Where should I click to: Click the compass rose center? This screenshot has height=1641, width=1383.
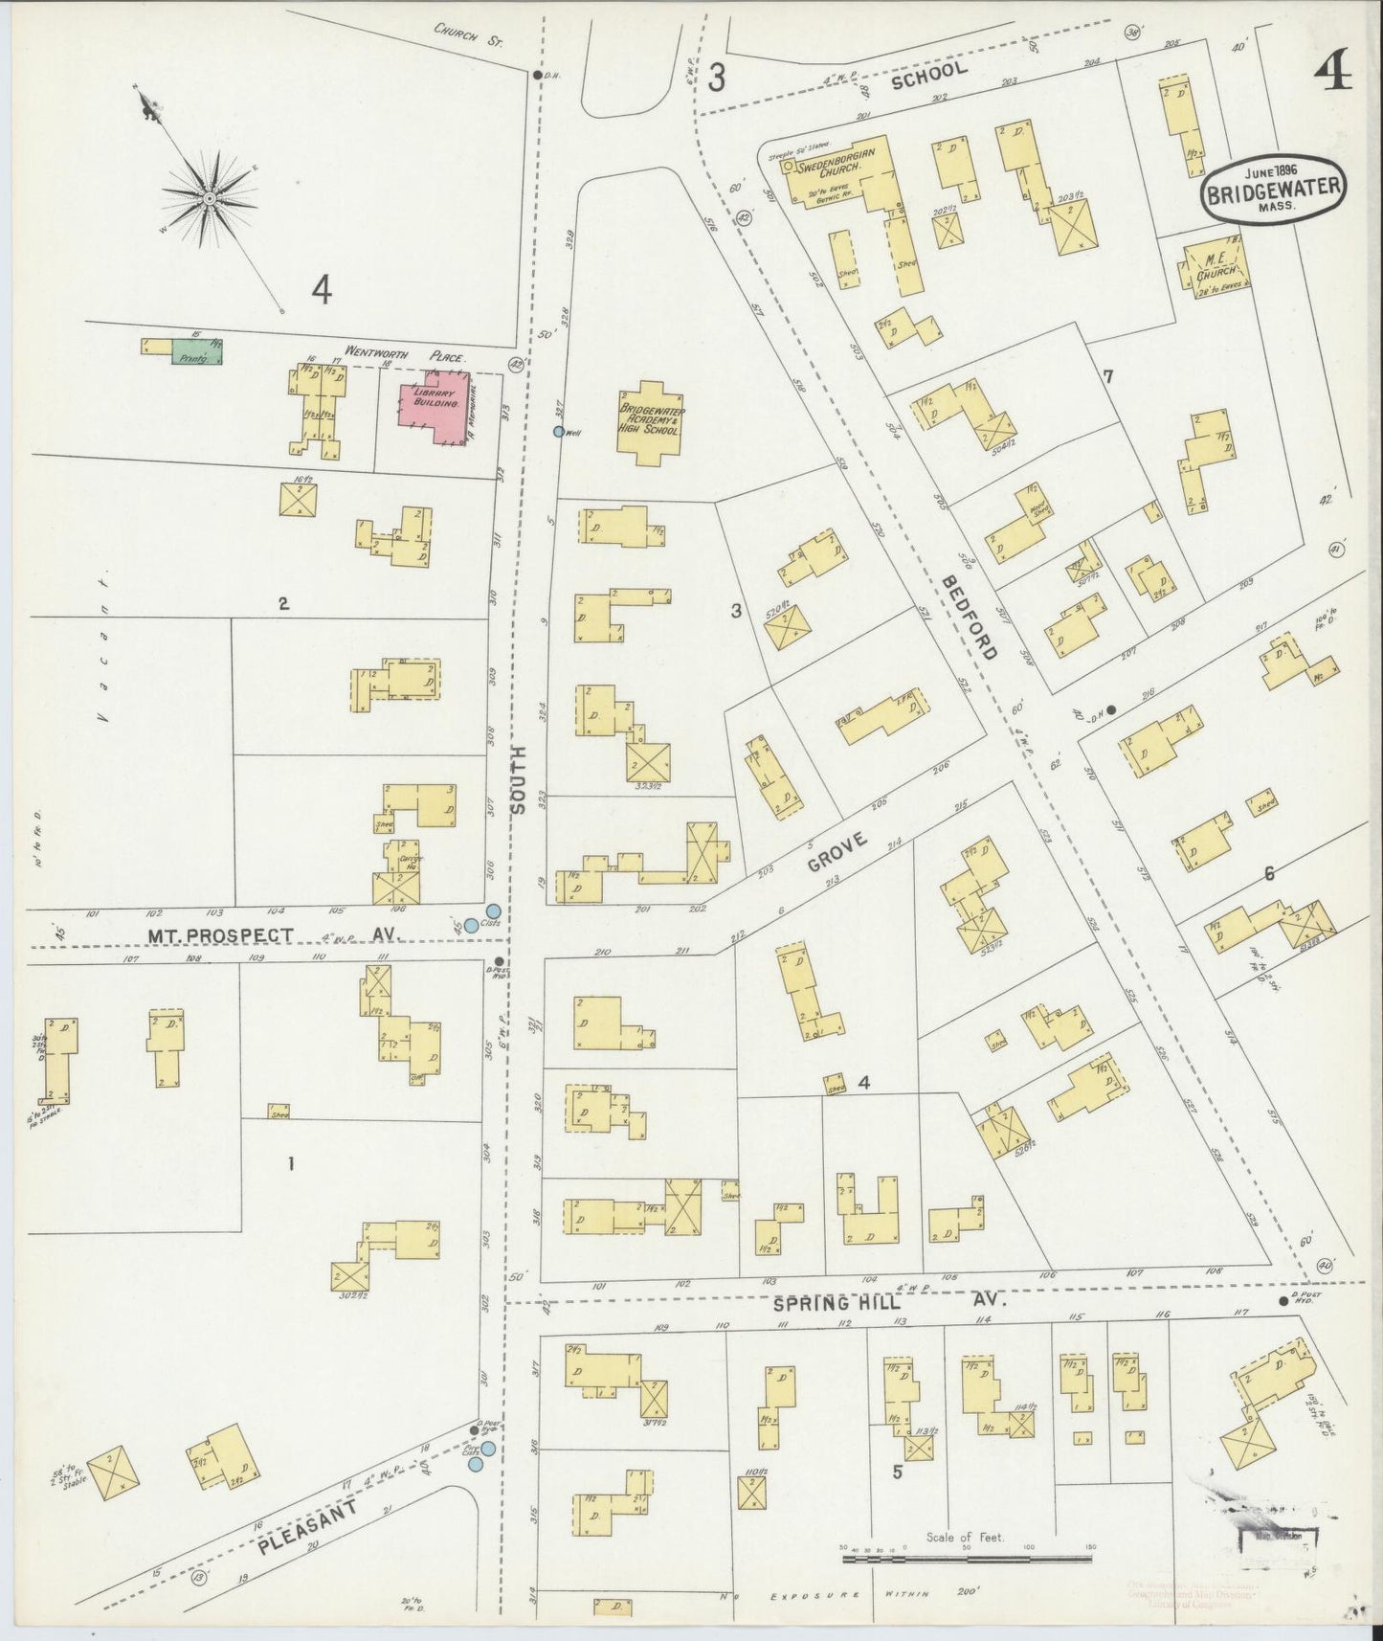click(x=208, y=198)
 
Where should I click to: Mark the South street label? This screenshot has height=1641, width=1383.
click(x=521, y=779)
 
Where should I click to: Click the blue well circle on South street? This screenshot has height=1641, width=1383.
click(x=559, y=432)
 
